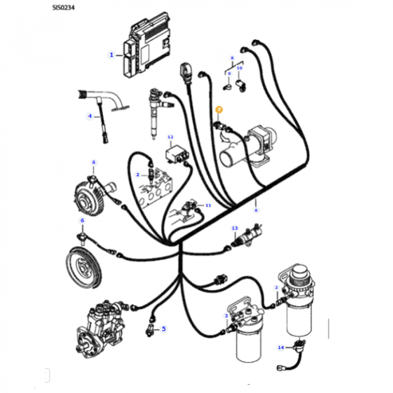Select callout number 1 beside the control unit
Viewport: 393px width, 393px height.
tap(112, 54)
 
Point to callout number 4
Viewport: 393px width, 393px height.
tap(89, 116)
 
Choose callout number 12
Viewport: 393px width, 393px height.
tap(171, 137)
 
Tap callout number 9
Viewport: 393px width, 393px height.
tap(229, 74)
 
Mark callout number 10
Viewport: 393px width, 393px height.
tap(239, 68)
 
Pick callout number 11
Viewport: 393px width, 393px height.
tap(208, 205)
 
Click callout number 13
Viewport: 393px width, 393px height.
tap(235, 228)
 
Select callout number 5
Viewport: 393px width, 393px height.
tap(163, 328)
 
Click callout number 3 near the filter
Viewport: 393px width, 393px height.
tap(226, 316)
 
